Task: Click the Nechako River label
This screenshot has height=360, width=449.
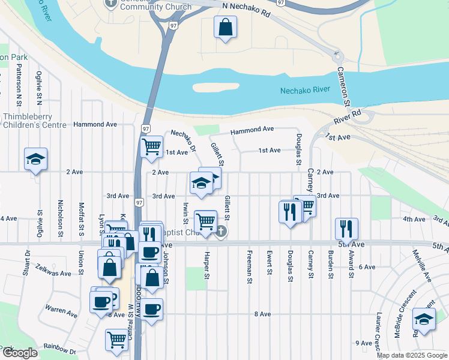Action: click(305, 91)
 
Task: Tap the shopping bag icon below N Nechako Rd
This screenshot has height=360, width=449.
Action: click(225, 27)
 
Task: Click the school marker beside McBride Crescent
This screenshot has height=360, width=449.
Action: click(424, 320)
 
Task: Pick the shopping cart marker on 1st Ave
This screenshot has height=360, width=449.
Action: click(151, 146)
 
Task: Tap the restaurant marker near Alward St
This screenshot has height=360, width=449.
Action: click(346, 229)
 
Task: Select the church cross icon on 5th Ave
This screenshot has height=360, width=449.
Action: click(221, 232)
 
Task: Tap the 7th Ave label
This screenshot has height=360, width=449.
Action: click(338, 137)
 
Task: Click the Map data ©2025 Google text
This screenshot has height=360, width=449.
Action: click(412, 355)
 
